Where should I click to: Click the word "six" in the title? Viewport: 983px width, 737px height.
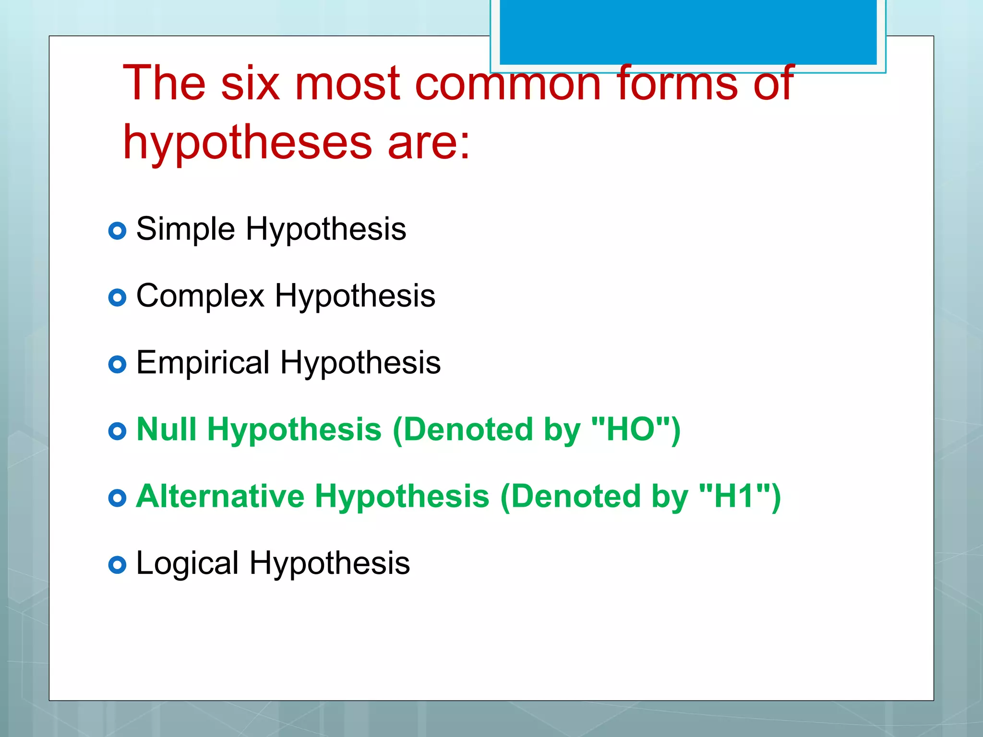250,83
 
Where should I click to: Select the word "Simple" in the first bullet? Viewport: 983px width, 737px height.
185,229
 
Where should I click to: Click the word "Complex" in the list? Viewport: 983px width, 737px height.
200,296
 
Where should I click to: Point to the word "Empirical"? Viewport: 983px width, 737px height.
203,362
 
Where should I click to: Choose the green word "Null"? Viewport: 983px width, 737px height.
167,429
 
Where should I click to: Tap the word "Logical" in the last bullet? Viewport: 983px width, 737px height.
187,563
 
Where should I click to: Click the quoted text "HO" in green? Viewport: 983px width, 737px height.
631,429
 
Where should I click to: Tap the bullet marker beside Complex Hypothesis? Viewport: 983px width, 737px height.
117,298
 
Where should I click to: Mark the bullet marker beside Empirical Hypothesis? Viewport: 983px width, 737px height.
117,365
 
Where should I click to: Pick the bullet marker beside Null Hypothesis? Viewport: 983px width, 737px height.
117,431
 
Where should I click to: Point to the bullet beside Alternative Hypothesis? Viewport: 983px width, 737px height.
117,498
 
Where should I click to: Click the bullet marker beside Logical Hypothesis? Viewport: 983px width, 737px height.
117,565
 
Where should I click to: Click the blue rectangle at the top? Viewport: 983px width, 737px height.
688,32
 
